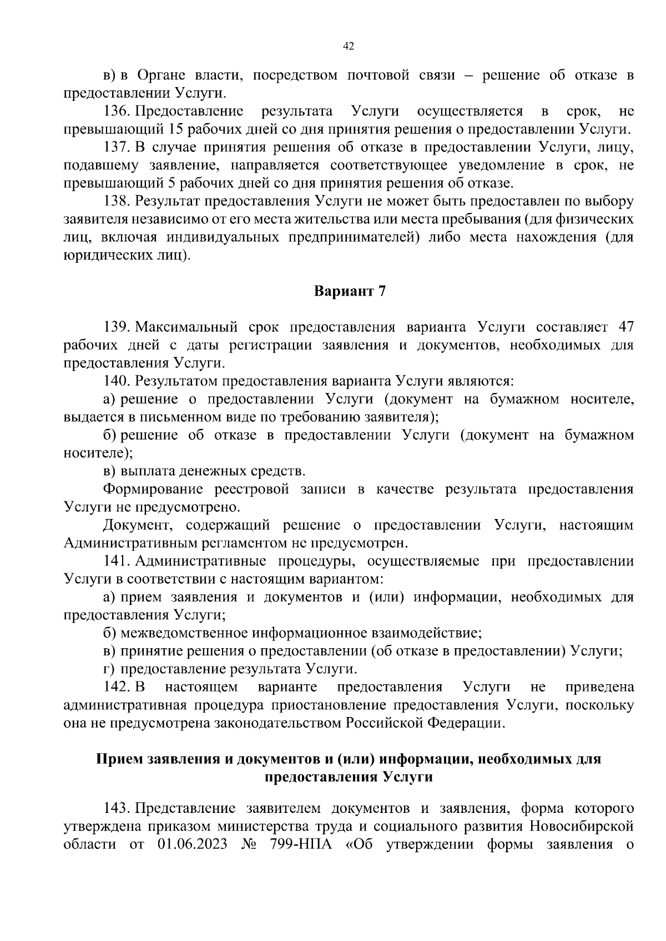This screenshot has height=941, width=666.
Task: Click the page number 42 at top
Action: (349, 47)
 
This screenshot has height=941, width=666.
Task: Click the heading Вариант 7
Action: (350, 291)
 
